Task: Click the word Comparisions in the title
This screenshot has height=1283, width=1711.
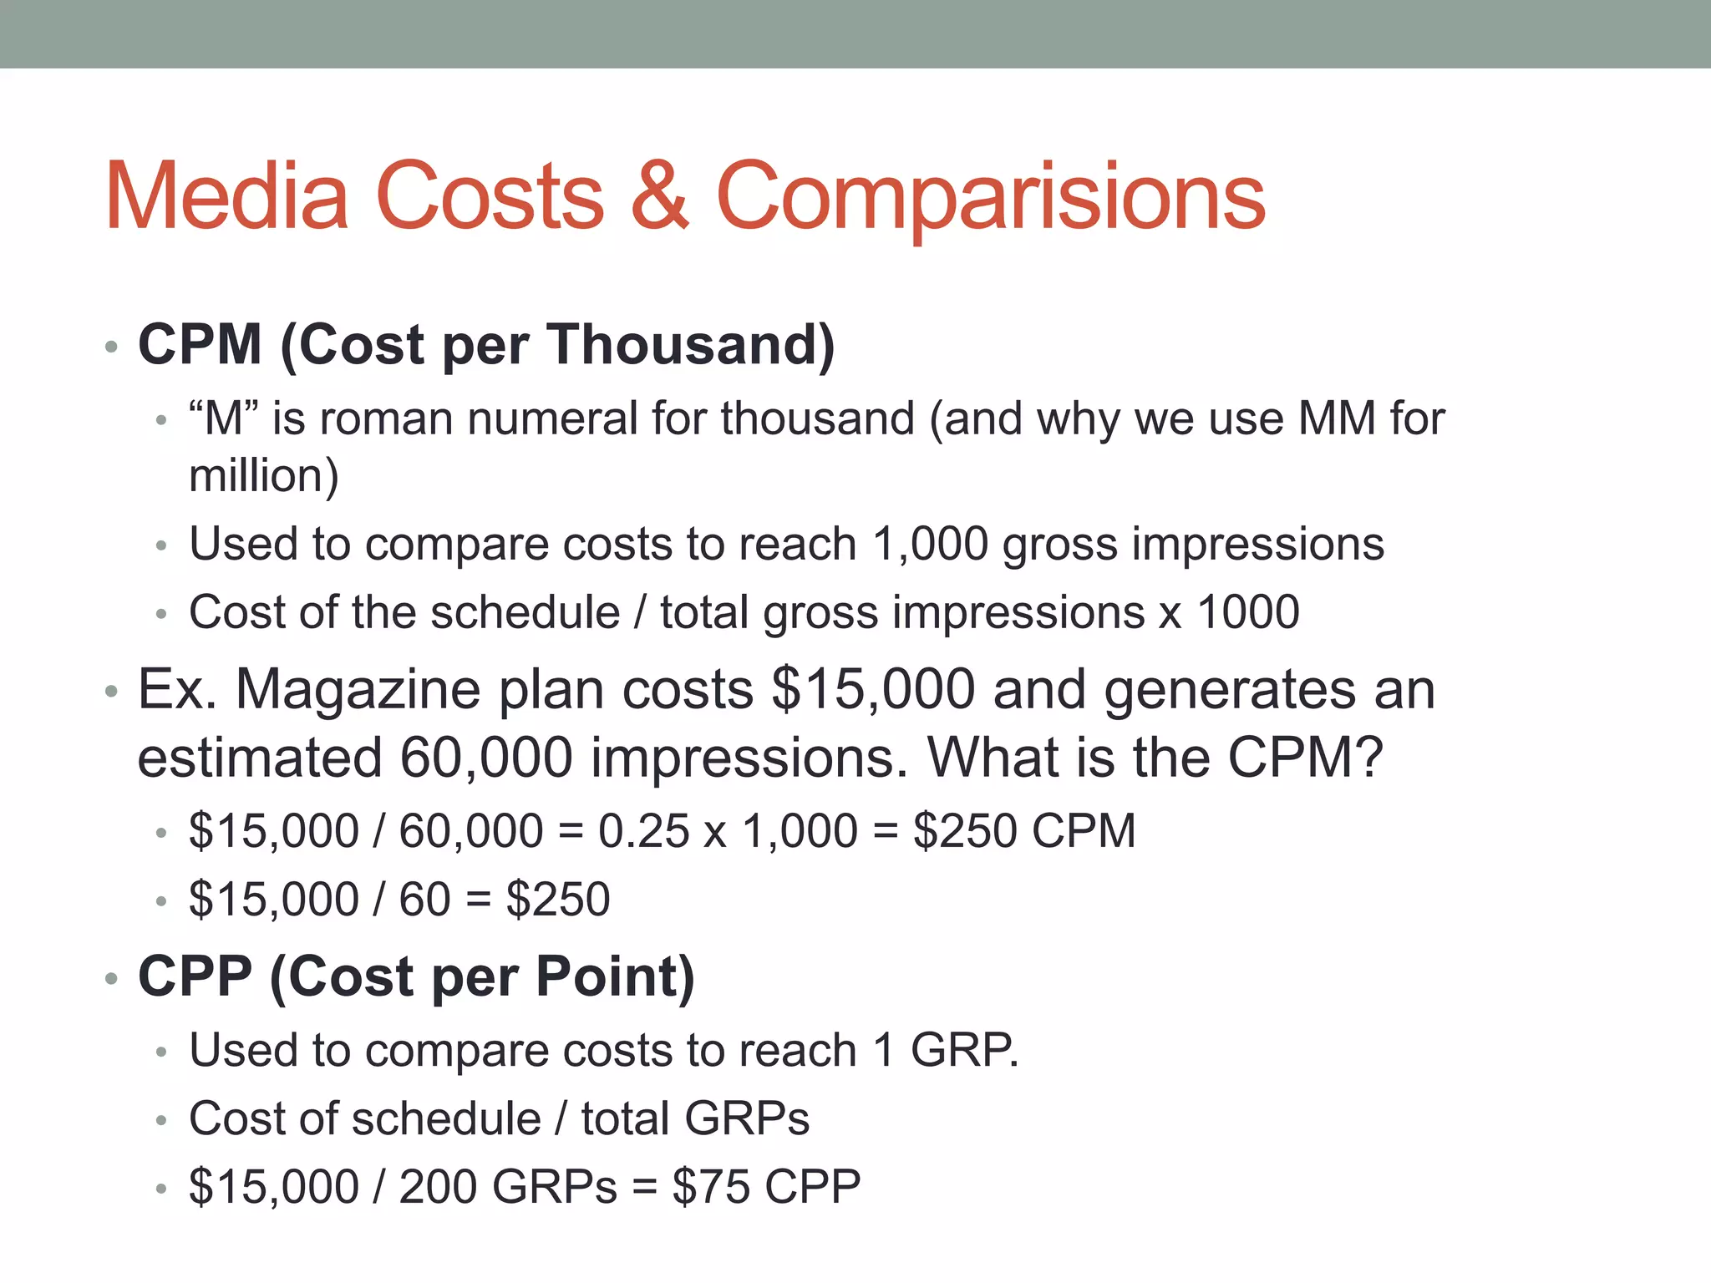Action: click(991, 197)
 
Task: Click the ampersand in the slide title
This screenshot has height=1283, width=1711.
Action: click(660, 197)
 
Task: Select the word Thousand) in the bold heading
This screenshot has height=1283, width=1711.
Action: click(691, 344)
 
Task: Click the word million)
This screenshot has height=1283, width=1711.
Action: click(264, 476)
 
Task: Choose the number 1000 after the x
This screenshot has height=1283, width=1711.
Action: click(1248, 612)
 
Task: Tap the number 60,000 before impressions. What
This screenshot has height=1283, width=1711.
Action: click(486, 758)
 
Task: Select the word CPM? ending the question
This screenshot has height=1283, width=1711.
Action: click(1306, 758)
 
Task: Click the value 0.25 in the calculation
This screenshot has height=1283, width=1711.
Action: click(643, 831)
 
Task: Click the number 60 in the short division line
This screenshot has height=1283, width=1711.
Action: click(424, 900)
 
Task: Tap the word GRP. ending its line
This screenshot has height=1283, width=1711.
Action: click(964, 1050)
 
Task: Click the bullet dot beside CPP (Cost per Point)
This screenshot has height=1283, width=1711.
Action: click(112, 978)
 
